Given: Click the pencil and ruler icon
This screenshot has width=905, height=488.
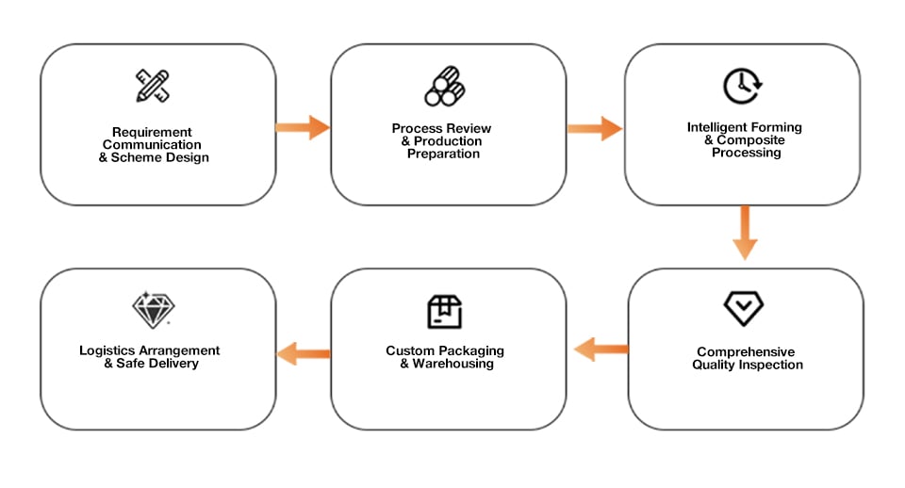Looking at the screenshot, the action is pyautogui.click(x=153, y=86).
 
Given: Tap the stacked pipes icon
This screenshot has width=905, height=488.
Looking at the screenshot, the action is pyautogui.click(x=445, y=87).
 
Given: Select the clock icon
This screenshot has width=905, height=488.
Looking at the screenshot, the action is pyautogui.click(x=743, y=86).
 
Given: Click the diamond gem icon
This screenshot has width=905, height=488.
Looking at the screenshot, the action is pyautogui.click(x=153, y=310).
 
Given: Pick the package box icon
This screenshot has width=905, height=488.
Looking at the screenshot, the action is pyautogui.click(x=444, y=312).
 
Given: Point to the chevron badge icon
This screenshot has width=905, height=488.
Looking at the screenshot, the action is pyautogui.click(x=744, y=308).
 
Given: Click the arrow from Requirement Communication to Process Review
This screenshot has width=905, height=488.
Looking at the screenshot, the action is pyautogui.click(x=303, y=127).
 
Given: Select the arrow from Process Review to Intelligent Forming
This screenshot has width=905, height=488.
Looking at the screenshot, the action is pyautogui.click(x=595, y=128).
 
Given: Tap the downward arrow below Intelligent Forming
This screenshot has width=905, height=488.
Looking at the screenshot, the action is pyautogui.click(x=745, y=233).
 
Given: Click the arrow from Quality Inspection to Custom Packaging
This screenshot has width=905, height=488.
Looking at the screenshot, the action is pyautogui.click(x=601, y=349).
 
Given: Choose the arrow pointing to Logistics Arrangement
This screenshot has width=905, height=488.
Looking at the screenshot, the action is pyautogui.click(x=304, y=353).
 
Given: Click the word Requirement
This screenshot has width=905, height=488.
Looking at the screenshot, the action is pyautogui.click(x=152, y=132).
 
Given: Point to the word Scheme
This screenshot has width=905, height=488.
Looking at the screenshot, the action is pyautogui.click(x=135, y=157).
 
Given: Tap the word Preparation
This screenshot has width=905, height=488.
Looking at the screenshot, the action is pyautogui.click(x=443, y=154).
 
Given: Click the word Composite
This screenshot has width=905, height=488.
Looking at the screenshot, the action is pyautogui.click(x=751, y=140).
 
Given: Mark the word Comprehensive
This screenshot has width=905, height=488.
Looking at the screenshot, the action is pyautogui.click(x=746, y=351).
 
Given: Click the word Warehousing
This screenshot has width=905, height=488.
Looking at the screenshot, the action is pyautogui.click(x=453, y=364).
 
